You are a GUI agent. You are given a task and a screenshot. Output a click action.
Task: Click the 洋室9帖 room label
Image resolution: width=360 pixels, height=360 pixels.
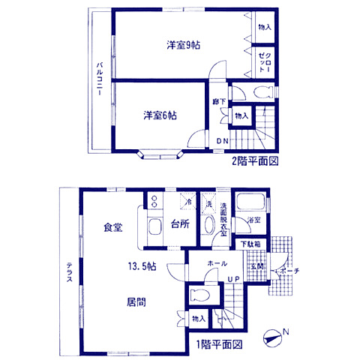[x=183, y=45]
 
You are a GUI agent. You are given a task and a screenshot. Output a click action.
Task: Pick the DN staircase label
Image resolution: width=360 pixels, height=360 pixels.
[x=223, y=141]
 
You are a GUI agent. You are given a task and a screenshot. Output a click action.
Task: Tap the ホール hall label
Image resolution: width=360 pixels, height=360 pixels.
[x=217, y=264]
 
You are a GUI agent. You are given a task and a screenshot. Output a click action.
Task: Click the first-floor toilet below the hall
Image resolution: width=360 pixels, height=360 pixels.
[x=198, y=295]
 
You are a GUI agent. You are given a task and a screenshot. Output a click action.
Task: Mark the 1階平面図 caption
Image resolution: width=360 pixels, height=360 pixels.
[x=220, y=345]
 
